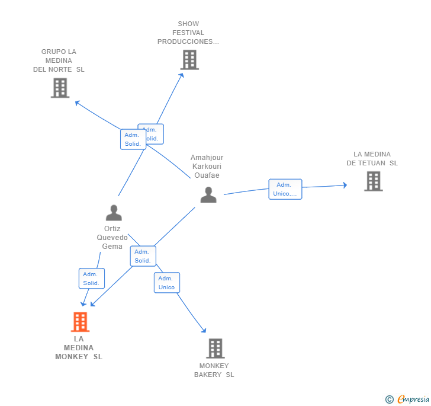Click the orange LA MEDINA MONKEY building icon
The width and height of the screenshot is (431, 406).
pos(80,322)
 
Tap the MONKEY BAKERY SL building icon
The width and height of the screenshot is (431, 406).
pos(215,349)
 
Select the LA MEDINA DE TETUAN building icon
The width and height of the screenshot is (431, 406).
pos(373,181)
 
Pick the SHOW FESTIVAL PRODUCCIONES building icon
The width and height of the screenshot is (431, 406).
pos(189,60)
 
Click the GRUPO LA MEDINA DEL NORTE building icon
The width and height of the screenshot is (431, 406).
pos(60,88)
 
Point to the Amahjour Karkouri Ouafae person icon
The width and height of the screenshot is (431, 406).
pos(208,194)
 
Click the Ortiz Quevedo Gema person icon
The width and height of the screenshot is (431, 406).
pos(113,212)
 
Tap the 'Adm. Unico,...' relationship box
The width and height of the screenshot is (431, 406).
pos(285,189)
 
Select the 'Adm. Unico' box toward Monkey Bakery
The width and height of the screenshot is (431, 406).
pos(166,283)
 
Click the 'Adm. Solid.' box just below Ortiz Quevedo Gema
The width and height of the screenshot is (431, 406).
pos(91,279)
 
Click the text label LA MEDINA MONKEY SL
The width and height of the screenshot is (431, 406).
pos(79,348)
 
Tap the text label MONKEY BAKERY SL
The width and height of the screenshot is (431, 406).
pos(214,370)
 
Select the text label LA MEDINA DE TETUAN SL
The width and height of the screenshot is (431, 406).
pos(372,159)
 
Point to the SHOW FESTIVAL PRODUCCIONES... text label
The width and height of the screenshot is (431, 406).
pos(188,33)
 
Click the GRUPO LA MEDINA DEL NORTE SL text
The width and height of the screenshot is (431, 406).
pos(59,60)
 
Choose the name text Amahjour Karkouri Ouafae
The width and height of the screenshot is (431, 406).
pos(207,167)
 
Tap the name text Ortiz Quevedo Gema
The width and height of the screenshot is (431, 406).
pos(112,237)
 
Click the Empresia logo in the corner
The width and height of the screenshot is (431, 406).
pos(407,399)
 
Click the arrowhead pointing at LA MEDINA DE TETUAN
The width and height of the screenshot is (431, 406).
pos(345,186)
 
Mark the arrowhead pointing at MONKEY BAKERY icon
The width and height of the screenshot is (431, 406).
pos(204,330)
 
